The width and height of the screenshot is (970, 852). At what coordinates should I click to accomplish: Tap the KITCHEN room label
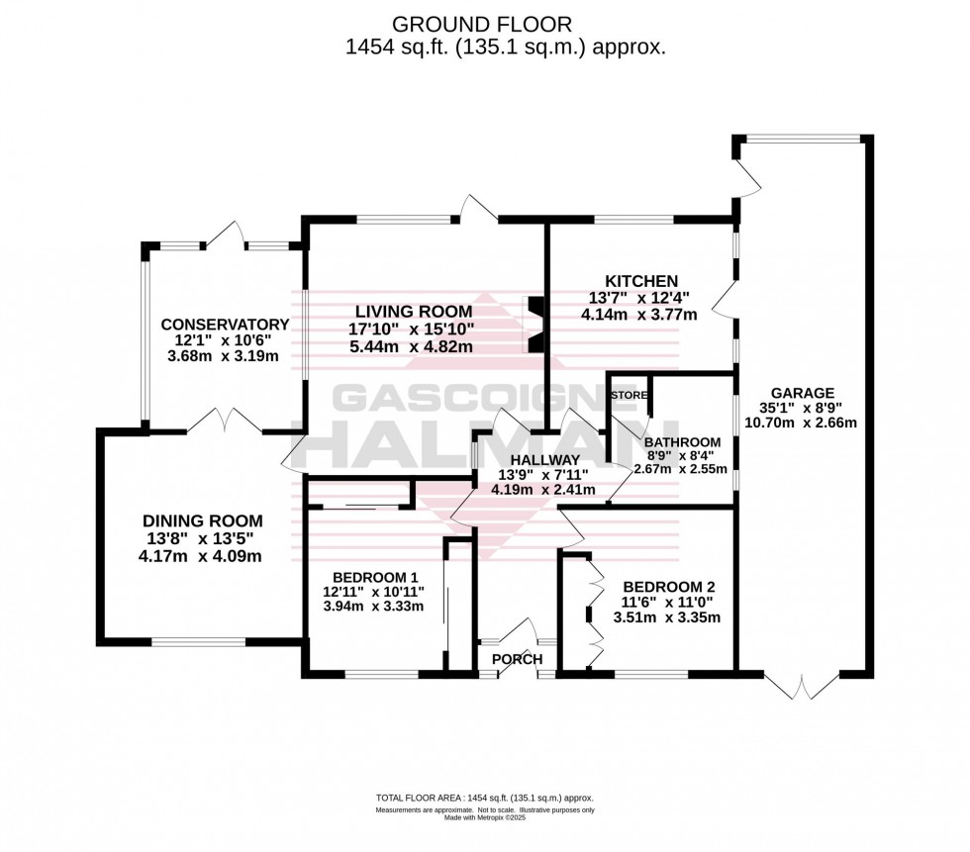(x=643, y=281)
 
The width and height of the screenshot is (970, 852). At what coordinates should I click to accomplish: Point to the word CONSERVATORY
(x=225, y=325)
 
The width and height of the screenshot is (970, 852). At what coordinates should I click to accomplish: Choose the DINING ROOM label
(x=203, y=521)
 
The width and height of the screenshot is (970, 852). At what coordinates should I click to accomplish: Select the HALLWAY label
(x=544, y=459)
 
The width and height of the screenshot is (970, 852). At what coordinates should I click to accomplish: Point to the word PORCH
(x=517, y=659)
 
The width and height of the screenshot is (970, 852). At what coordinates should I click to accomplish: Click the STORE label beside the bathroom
(x=629, y=396)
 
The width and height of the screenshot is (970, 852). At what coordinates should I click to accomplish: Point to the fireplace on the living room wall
(x=534, y=325)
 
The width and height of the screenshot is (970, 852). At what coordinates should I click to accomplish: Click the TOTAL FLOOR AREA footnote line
(x=484, y=798)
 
